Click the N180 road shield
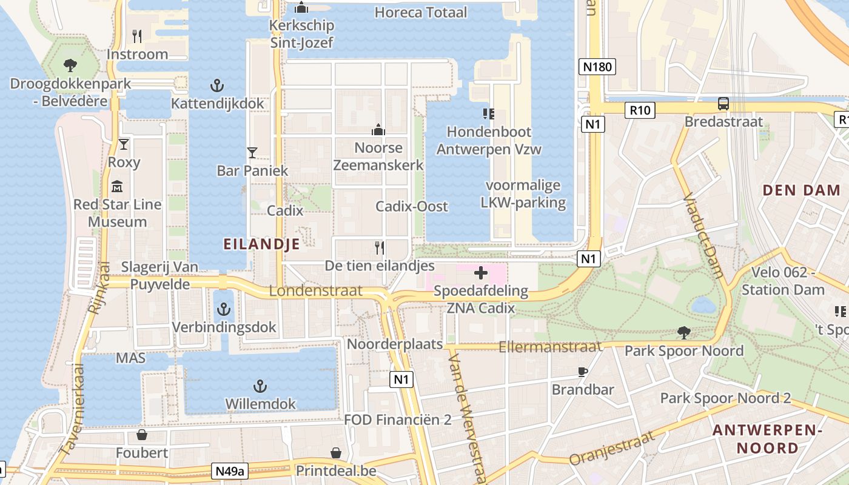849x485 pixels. point(597,67)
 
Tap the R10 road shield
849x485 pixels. point(640,110)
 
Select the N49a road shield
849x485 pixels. point(230,471)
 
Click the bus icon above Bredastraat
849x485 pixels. point(723,104)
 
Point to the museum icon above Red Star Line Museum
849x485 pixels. point(117,186)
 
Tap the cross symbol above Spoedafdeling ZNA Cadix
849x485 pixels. point(480,273)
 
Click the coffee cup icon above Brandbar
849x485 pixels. point(582,372)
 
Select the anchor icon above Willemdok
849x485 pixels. point(260,386)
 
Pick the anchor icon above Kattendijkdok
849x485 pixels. point(216,85)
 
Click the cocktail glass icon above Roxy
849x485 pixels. point(124,144)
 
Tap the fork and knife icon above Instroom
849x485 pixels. point(137,36)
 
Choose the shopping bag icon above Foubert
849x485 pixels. point(142,435)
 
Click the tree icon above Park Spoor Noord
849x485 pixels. point(683,332)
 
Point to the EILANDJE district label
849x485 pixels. point(261,244)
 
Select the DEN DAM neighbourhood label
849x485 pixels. point(802,190)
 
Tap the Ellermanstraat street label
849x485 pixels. point(550,347)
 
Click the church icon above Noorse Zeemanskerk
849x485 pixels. point(378,129)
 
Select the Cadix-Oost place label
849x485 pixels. point(412,206)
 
